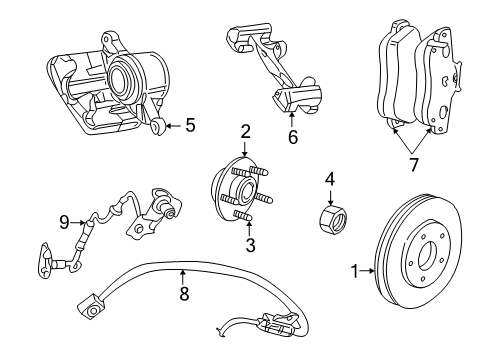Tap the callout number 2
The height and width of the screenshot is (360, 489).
[245, 131]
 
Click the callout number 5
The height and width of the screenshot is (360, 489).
[190, 126]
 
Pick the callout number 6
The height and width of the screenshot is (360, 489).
[292, 138]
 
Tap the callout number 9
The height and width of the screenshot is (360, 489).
[63, 223]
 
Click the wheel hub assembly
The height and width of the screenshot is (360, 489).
[236, 190]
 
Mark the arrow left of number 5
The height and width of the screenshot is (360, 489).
[174, 126]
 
